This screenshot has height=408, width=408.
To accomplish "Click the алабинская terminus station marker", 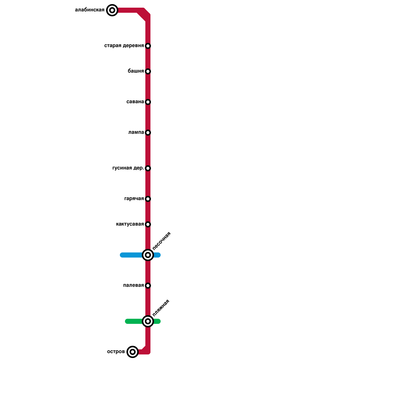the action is pyautogui.click(x=112, y=10).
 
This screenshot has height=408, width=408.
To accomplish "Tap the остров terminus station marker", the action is pyautogui.click(x=132, y=352).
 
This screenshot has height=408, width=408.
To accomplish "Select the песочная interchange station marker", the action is pyautogui.click(x=148, y=255).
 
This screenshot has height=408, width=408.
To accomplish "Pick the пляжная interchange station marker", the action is pyautogui.click(x=148, y=321).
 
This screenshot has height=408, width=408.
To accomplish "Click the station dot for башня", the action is pyautogui.click(x=148, y=71).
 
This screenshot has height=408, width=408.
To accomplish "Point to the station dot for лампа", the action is pyautogui.click(x=148, y=133).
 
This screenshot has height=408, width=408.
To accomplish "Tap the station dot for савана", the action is pyautogui.click(x=148, y=102).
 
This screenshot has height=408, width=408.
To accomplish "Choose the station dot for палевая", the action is pyautogui.click(x=148, y=286).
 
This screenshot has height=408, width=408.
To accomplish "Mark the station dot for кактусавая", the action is pyautogui.click(x=148, y=224).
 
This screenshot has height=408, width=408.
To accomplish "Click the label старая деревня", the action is pyautogui.click(x=124, y=46).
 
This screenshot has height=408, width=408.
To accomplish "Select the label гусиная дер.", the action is pyautogui.click(x=128, y=168).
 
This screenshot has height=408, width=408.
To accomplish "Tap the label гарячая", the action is pyautogui.click(x=134, y=199).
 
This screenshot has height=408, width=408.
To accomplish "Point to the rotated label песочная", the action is pyautogui.click(x=161, y=241).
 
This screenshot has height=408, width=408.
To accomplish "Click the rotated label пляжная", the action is pyautogui.click(x=161, y=308).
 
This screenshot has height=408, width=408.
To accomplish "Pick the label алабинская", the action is pyautogui.click(x=90, y=10).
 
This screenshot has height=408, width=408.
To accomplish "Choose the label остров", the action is pyautogui.click(x=116, y=352).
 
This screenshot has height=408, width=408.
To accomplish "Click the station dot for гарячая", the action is pyautogui.click(x=148, y=199).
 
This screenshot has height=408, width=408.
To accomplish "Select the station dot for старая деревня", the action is pyautogui.click(x=148, y=46).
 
